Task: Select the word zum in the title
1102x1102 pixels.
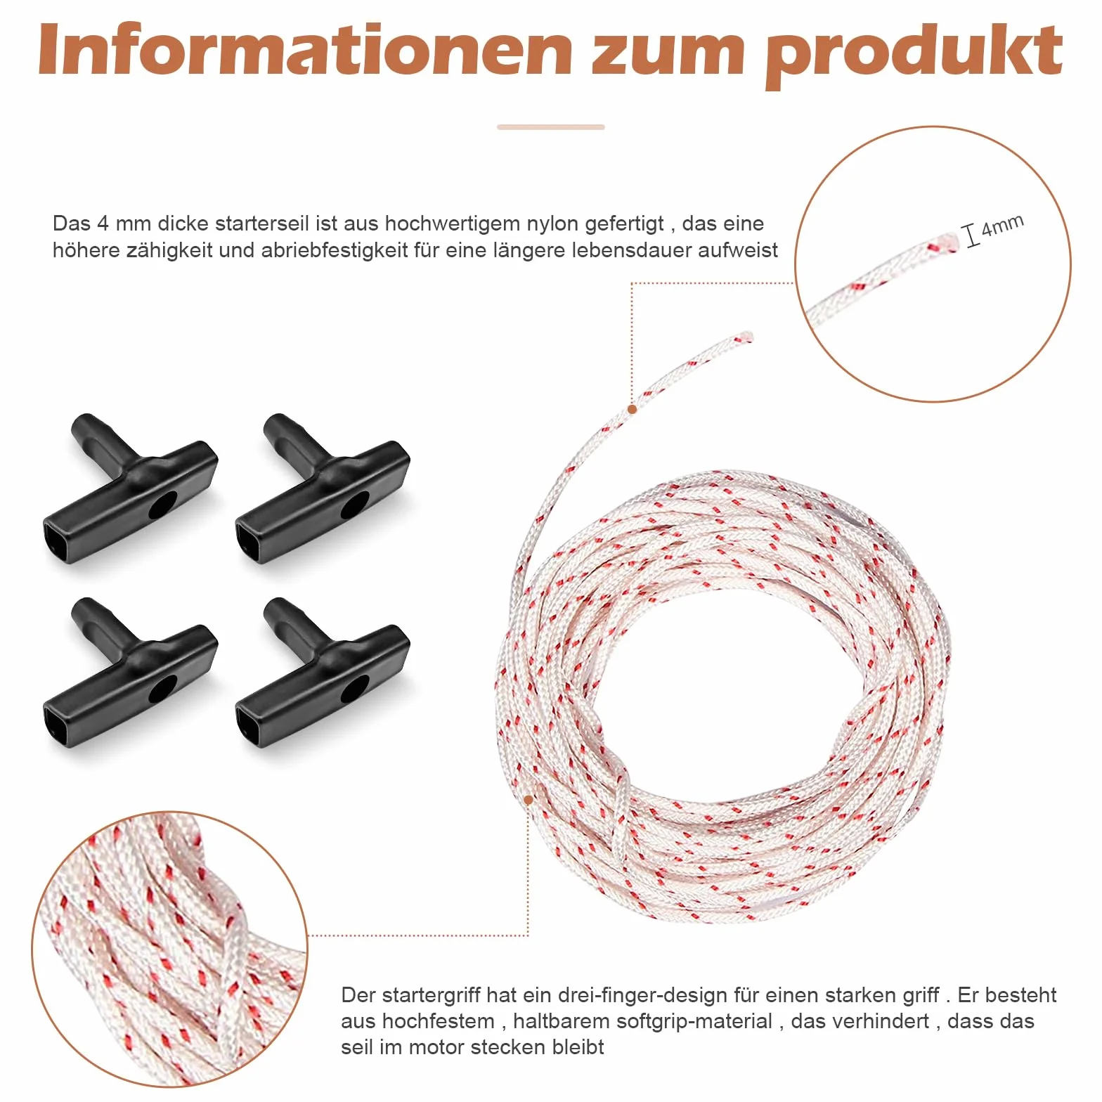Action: coord(668,56)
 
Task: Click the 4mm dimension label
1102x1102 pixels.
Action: coord(1002,226)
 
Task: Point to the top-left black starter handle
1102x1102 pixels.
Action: coord(131,488)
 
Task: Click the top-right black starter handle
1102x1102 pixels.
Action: coord(323,488)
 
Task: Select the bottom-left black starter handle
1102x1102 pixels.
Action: coord(131,673)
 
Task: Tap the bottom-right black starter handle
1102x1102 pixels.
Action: coord(323,673)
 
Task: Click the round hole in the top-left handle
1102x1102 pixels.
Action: coord(163,505)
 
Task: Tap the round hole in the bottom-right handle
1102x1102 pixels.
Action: coord(355,689)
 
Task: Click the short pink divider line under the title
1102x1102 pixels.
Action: coord(551,127)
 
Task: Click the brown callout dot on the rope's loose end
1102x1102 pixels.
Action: coord(633,409)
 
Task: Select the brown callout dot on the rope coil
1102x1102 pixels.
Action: coord(529,800)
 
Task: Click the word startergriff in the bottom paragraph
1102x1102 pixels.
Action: coord(428,996)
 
